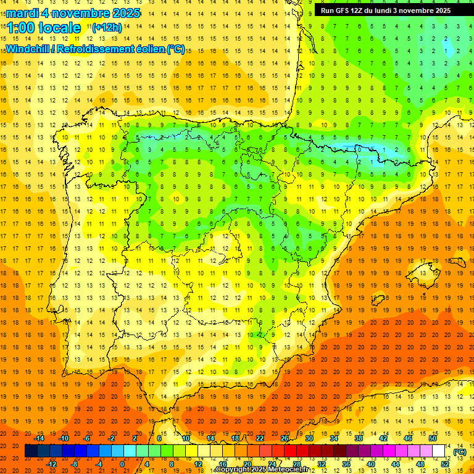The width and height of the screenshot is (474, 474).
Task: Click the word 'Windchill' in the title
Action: tap(27, 49)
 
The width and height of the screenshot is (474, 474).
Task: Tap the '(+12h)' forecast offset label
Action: tap(107, 27)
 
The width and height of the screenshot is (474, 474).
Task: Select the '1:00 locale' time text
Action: tap(44, 28)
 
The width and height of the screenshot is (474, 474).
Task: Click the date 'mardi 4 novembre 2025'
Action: tap(73, 13)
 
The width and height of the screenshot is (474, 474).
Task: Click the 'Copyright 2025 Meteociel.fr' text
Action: tap(262, 470)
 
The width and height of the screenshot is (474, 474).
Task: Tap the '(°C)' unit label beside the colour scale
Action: tap(459, 452)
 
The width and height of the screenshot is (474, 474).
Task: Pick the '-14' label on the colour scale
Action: tap(39, 438)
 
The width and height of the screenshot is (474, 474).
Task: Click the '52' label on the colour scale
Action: tap(445, 464)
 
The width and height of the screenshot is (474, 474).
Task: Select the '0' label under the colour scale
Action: tap(122, 464)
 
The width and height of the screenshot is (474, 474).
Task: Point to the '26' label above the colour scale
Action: tap(285, 438)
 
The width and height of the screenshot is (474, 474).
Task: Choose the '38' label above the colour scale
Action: tap(359, 438)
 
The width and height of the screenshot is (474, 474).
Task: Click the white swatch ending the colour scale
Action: tap(439, 451)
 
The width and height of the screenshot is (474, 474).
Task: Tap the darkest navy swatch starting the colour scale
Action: tap(31, 451)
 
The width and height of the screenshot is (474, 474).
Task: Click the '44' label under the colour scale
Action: tap(396, 464)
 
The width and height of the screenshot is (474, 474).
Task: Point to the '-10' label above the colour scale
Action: tap(64, 438)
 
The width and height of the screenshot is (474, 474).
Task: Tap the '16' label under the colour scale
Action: tap(223, 464)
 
